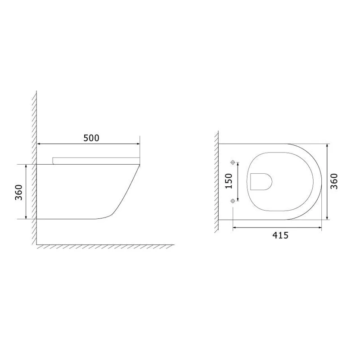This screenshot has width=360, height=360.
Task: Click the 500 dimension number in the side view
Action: coord(91,138)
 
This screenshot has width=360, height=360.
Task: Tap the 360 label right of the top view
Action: coord(334,181)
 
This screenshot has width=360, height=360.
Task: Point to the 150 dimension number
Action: coord(229,180)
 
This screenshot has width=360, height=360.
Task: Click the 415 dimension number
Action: coord(279,235)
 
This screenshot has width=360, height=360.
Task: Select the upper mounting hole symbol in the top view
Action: coord(233,162)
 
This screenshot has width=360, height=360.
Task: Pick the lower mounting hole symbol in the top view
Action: coord(233,200)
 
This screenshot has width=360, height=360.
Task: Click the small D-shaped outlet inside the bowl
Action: coord(261,181)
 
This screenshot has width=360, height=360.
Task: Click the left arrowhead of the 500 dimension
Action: coord(39,144)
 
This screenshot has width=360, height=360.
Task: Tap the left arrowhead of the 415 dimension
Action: coord(234,229)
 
